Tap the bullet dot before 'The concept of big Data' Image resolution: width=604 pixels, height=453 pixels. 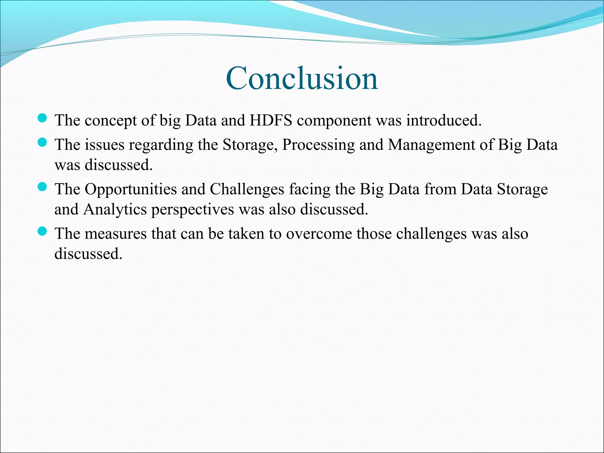(42, 118)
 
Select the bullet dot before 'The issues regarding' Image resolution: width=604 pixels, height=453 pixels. (42, 142)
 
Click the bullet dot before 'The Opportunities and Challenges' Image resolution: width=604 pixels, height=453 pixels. (42, 187)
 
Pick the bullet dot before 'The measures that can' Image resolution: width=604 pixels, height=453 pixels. (42, 232)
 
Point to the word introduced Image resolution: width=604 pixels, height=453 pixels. (444, 120)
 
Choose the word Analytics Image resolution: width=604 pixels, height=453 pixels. (115, 210)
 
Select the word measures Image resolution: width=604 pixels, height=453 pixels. (116, 234)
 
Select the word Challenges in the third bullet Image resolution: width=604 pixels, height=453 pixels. (247, 189)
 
